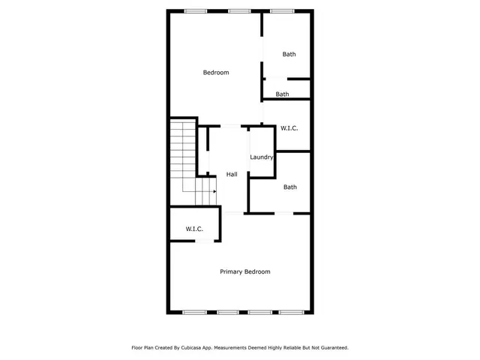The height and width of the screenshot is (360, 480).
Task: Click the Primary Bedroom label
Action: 244,271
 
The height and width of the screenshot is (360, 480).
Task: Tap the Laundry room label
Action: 262,157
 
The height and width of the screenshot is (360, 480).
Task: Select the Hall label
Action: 232,174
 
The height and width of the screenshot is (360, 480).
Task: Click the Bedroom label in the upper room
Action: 216,73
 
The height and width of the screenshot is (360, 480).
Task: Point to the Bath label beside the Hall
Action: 289,187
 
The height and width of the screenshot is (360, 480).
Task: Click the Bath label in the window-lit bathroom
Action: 289,54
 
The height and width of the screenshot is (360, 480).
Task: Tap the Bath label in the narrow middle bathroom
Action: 282,94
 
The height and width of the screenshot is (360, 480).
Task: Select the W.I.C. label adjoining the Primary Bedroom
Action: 195,229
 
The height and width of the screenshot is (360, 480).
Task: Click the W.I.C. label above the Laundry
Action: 289,128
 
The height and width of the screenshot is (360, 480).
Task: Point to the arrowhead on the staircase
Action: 214,191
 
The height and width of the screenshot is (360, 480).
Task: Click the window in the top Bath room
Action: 281,10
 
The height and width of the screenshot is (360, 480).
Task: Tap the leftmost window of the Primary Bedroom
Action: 194,312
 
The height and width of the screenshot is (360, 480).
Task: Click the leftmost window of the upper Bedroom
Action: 196,10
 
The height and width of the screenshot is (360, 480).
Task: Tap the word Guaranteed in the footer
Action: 333,348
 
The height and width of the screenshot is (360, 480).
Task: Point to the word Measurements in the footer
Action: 243,348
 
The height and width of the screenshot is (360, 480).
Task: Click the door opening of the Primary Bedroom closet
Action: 202,241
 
